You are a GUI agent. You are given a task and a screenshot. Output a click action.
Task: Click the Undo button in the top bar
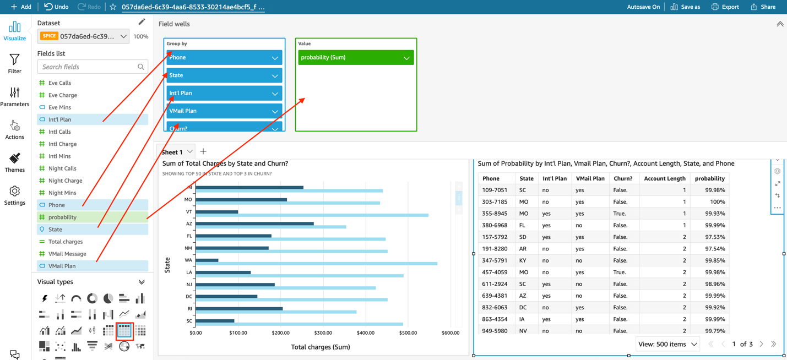56,7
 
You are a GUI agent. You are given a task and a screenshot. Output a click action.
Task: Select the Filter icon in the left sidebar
15,63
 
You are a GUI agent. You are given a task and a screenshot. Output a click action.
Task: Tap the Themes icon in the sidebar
15,162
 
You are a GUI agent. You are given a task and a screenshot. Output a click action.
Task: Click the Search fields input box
88,67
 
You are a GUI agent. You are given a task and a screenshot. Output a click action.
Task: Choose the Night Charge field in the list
65,181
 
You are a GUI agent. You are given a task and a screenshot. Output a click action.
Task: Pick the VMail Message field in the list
67,254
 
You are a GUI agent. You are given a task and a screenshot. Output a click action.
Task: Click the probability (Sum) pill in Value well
355,57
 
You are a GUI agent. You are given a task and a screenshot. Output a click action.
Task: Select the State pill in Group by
224,75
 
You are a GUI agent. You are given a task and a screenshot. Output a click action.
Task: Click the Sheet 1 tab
172,152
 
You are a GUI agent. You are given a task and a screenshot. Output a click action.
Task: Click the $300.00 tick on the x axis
323,333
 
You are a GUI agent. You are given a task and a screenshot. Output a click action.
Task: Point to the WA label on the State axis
188,260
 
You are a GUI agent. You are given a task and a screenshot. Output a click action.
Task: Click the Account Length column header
664,178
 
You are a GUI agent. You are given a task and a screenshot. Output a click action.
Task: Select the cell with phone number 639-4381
494,296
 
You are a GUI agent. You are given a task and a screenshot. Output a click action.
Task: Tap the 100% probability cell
717,201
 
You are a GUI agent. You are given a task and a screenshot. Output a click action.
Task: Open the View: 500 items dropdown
667,344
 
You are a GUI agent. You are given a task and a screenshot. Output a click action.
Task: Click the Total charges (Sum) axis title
321,347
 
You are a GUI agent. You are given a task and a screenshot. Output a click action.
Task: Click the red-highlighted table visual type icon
124,330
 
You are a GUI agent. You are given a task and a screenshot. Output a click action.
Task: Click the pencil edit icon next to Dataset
142,22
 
